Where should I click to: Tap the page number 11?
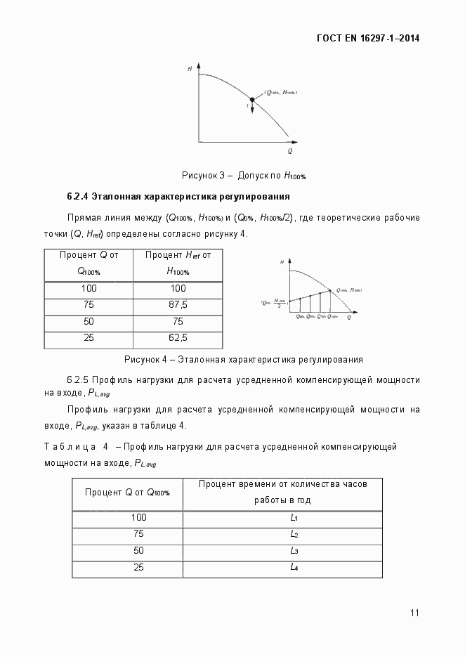tap(414, 613)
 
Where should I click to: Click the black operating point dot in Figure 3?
tap(253, 100)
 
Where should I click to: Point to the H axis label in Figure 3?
tap(190, 69)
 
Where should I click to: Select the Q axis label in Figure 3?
tap(289, 151)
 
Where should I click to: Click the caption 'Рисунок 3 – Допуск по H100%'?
tap(244, 175)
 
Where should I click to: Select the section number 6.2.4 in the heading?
tap(77, 196)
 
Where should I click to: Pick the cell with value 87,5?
tap(178, 304)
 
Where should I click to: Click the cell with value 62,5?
tap(178, 338)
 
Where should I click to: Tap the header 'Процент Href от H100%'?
tap(178, 263)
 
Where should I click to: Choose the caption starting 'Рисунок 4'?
tap(243, 360)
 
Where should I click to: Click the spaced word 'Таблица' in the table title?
tap(69, 446)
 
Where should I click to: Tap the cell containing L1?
tap(294, 518)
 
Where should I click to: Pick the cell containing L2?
tap(294, 534)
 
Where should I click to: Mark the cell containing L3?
tap(294, 551)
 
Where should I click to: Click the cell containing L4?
tap(294, 567)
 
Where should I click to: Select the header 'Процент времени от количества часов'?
tap(281, 484)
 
